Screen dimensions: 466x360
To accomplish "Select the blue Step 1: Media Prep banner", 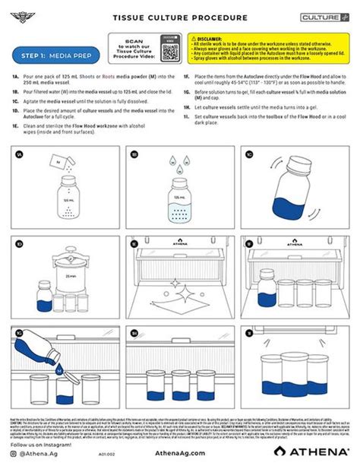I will (55, 55).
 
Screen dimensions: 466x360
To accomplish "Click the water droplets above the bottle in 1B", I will (178, 161).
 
